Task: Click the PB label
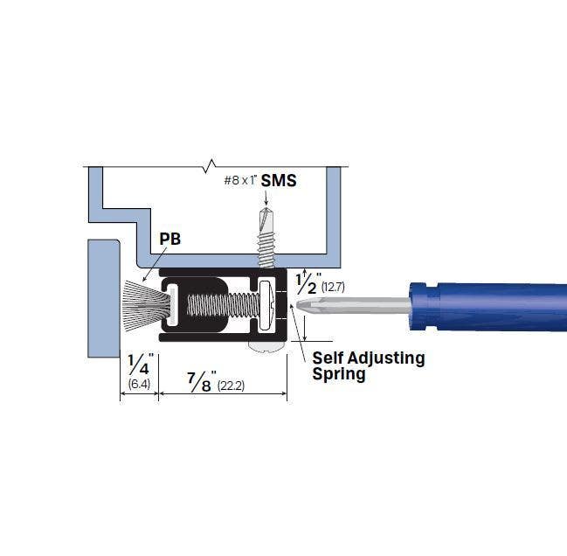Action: pos(170,239)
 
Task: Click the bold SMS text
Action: pos(279,181)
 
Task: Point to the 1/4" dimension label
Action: pos(140,363)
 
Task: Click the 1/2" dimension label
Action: pos(307,282)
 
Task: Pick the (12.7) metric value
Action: pos(334,286)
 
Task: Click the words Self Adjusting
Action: pos(369,358)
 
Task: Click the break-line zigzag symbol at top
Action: pos(208,163)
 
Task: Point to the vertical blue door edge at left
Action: pos(102,297)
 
